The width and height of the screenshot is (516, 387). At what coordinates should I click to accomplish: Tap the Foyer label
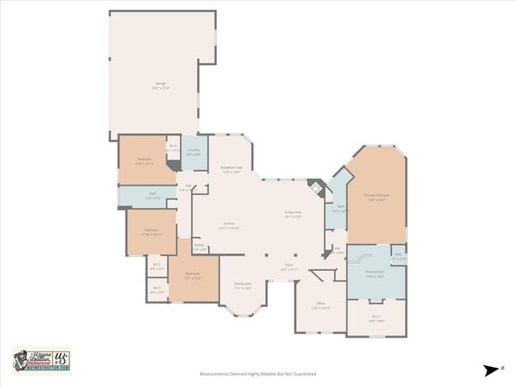pos(289,266)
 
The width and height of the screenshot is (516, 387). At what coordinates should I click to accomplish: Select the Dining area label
pos(243,285)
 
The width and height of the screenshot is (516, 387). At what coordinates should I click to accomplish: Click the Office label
pos(320,306)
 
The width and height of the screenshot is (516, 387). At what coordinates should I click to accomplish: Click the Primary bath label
pos(375,273)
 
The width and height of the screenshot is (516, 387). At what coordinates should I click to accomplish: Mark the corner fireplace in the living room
pos(317,189)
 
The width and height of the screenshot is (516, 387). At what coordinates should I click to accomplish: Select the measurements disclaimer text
pos(258,374)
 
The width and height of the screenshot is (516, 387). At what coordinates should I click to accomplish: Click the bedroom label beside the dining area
pos(193,275)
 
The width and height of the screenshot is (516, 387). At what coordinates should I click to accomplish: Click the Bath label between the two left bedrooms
pos(152,194)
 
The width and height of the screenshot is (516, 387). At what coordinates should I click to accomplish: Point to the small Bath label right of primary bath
pos(398,256)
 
